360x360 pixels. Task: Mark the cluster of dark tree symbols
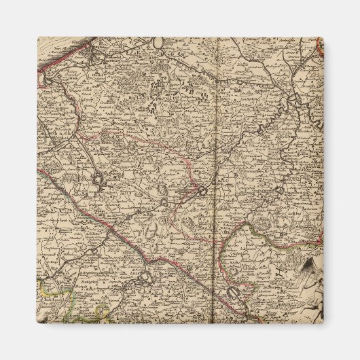click(162, 84)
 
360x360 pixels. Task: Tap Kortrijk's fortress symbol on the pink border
click(202, 192)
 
